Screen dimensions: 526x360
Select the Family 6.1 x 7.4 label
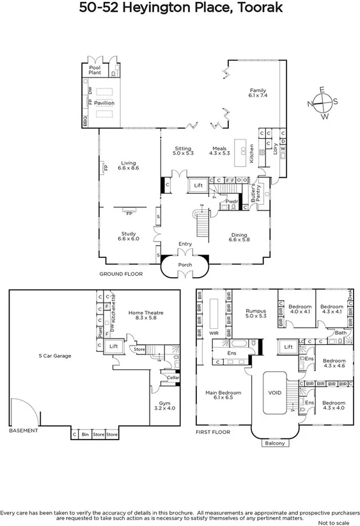[258, 93]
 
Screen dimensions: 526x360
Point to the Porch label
[185, 264]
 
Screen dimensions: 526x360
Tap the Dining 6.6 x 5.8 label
[239, 237]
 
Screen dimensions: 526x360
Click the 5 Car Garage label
[54, 356]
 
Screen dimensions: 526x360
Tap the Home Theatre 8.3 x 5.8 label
[146, 315]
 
